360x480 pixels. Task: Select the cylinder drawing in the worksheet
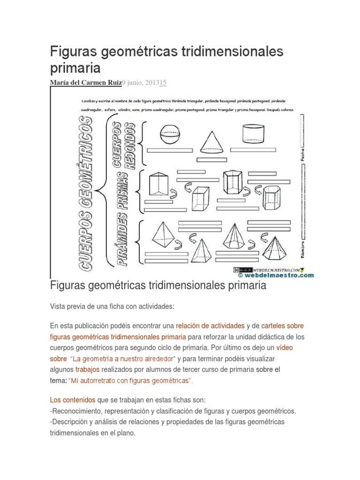254,134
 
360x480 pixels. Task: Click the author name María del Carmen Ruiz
85,83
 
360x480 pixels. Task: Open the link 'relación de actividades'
210,325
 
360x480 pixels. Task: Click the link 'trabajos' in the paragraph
86,369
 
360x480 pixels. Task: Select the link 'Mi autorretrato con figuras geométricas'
131,381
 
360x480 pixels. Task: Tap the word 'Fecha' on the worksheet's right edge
302,151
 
